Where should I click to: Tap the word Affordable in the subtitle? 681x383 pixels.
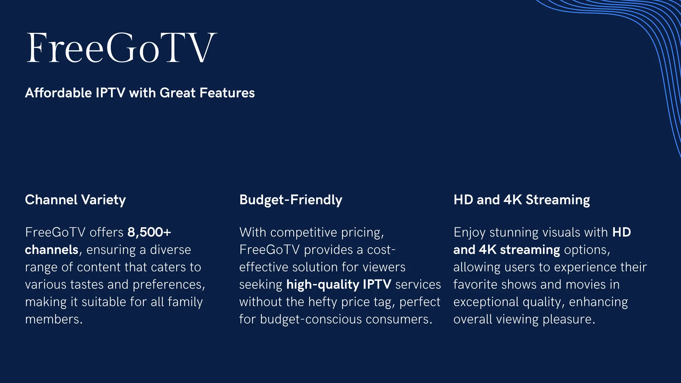[58, 93]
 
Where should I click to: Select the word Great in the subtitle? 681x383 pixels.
[178, 93]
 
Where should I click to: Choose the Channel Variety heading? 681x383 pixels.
[75, 200]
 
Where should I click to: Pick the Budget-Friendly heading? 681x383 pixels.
[291, 200]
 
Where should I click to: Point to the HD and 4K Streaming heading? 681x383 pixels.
[521, 200]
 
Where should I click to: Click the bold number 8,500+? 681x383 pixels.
[149, 232]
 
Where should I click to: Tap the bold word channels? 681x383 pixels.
[52, 250]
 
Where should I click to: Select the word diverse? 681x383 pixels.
[171, 250]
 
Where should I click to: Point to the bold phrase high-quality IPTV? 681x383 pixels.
[339, 284]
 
